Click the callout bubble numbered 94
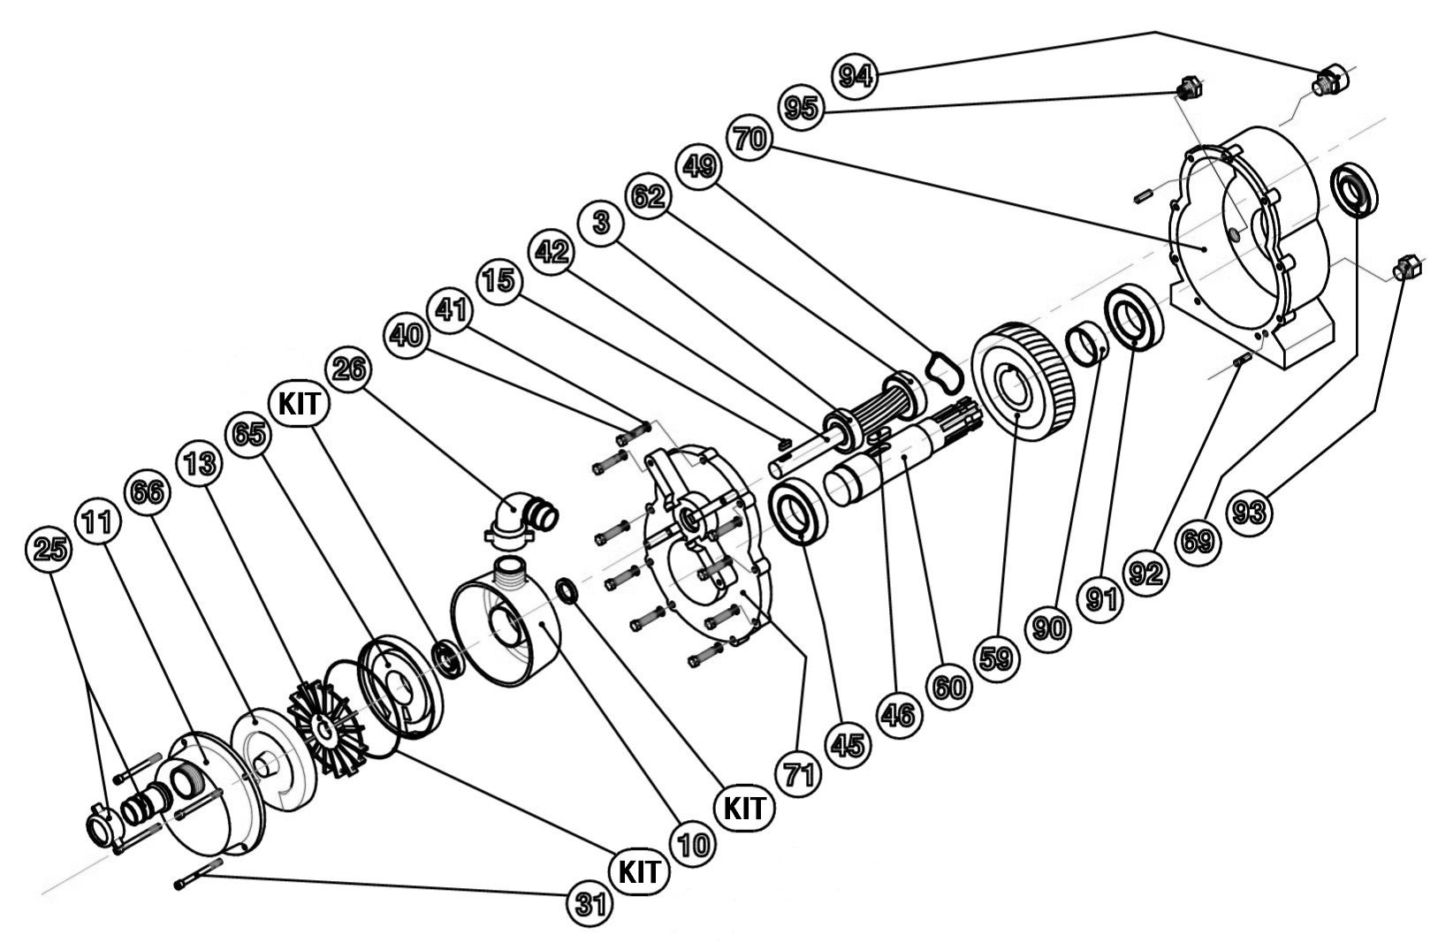[855, 74]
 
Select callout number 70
[750, 139]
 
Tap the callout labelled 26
[349, 368]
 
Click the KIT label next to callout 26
[300, 405]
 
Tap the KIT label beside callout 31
[638, 871]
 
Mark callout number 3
[602, 223]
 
